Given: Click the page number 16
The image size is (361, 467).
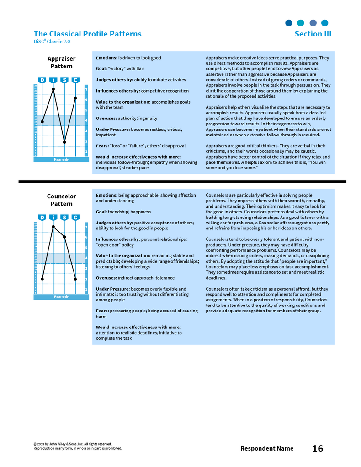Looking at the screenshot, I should coord(318,449).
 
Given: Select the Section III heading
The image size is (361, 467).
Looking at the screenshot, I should coord(313,34).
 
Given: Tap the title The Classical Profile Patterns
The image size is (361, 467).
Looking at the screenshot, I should coord(87,34).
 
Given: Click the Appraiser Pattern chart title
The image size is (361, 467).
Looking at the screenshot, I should coord(61,62).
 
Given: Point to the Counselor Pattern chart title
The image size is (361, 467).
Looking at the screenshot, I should coord(61,200).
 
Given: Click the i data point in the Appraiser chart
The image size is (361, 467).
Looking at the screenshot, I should coord(53,89).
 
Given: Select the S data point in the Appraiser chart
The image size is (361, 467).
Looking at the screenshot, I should coord(64,142).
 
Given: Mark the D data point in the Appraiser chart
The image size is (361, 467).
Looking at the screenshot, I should coord(42,122).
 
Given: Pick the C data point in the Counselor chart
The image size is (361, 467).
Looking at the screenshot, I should coord(75,279).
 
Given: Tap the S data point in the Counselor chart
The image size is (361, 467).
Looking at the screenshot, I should coord(64,237).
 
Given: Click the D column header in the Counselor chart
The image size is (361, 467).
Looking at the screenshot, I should coord(42,218).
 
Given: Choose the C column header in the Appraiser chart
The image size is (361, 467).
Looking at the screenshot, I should coord(75,80).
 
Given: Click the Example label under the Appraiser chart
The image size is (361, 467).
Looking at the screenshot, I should coord(61,160).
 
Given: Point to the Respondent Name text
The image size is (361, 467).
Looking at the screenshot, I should coord(267,449).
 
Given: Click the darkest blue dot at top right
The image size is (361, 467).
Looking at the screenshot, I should coord(289,23).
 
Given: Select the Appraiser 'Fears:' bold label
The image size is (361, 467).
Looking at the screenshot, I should coord(102,146).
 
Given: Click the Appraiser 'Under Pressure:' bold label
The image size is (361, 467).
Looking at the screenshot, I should coord(113,130).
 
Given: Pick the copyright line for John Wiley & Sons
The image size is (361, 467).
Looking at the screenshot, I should coord(72,444).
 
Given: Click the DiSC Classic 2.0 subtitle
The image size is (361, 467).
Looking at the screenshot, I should coord(52,42).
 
